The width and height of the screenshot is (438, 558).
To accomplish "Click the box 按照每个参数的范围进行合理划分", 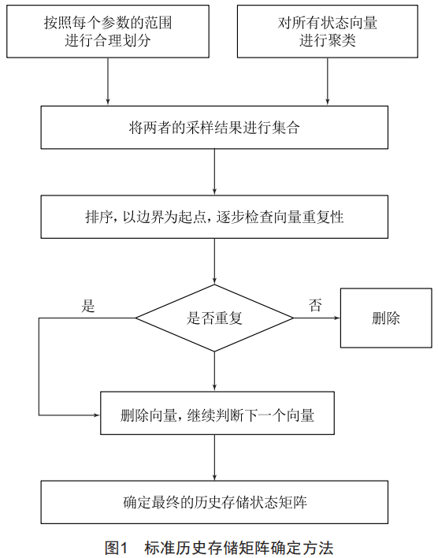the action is click(x=108, y=32).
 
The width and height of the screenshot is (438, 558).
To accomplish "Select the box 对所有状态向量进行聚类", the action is click(x=328, y=32).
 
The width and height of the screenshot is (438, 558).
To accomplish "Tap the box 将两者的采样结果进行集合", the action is click(x=214, y=128).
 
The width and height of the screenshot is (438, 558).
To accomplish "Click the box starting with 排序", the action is click(x=214, y=217).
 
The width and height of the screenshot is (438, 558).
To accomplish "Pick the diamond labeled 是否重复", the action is click(x=214, y=318).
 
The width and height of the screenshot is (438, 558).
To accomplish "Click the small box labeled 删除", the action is click(x=386, y=318).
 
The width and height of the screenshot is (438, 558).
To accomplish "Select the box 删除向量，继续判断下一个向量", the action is click(x=217, y=413).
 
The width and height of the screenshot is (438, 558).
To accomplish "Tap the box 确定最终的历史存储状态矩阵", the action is click(x=214, y=502).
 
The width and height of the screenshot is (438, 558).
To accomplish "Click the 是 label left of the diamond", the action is click(x=88, y=306).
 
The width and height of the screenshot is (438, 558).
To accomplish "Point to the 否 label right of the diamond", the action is click(x=315, y=305).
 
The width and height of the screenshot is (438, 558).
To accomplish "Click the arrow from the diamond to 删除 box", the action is click(x=317, y=318).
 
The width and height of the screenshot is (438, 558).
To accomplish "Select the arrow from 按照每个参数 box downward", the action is click(x=108, y=81).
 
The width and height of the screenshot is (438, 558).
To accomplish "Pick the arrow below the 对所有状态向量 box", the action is click(x=328, y=81).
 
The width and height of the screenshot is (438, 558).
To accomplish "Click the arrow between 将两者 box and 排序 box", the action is click(x=214, y=172).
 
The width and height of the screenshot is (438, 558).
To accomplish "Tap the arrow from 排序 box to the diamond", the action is click(x=214, y=262).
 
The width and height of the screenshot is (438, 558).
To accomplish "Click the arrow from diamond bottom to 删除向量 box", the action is click(x=214, y=371).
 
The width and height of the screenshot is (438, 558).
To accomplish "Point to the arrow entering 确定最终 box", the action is click(x=214, y=458).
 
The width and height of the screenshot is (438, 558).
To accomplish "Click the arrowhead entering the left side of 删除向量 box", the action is click(x=98, y=415).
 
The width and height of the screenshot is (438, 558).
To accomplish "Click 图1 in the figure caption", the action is click(x=116, y=548).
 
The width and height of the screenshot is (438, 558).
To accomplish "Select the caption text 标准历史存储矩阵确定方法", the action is click(x=239, y=548).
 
